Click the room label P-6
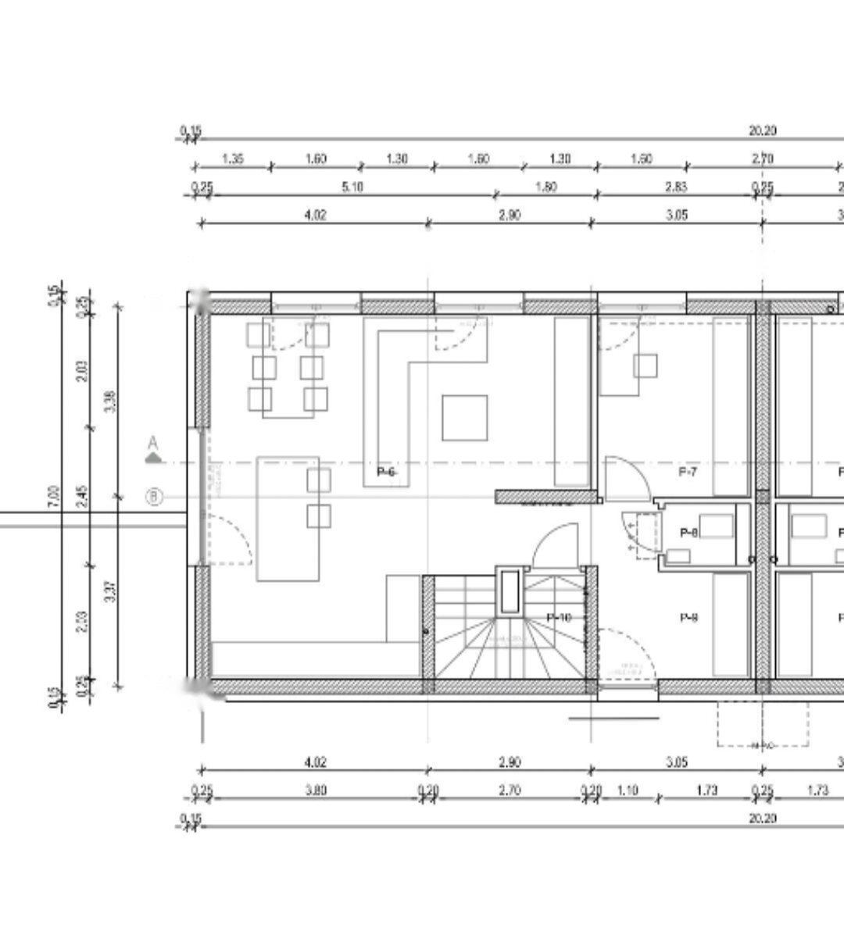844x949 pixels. (x=387, y=472)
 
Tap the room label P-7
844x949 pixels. (x=688, y=472)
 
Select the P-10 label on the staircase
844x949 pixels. (x=559, y=618)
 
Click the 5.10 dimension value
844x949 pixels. (x=352, y=187)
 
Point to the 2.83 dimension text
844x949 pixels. (x=676, y=187)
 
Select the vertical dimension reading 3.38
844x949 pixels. (x=110, y=401)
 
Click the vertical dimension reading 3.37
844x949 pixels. (x=110, y=591)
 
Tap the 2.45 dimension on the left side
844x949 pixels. (x=83, y=495)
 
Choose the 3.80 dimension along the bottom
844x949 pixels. (x=315, y=790)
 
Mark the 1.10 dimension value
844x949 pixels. (x=628, y=790)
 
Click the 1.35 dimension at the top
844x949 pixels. (x=233, y=159)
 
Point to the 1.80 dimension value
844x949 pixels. (x=545, y=187)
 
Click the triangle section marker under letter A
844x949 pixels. (x=154, y=458)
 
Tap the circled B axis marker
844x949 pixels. (x=155, y=497)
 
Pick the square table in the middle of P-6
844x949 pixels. (x=465, y=418)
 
